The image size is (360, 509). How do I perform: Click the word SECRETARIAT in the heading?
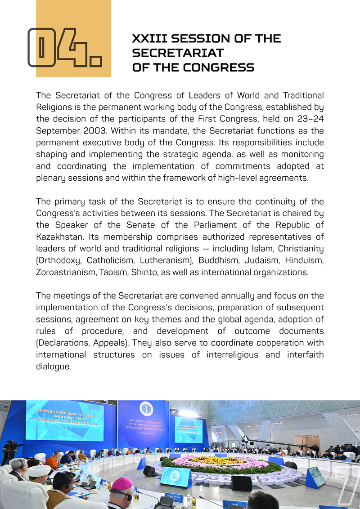coord(177,53)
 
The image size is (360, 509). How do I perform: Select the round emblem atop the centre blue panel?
coord(145,409)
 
